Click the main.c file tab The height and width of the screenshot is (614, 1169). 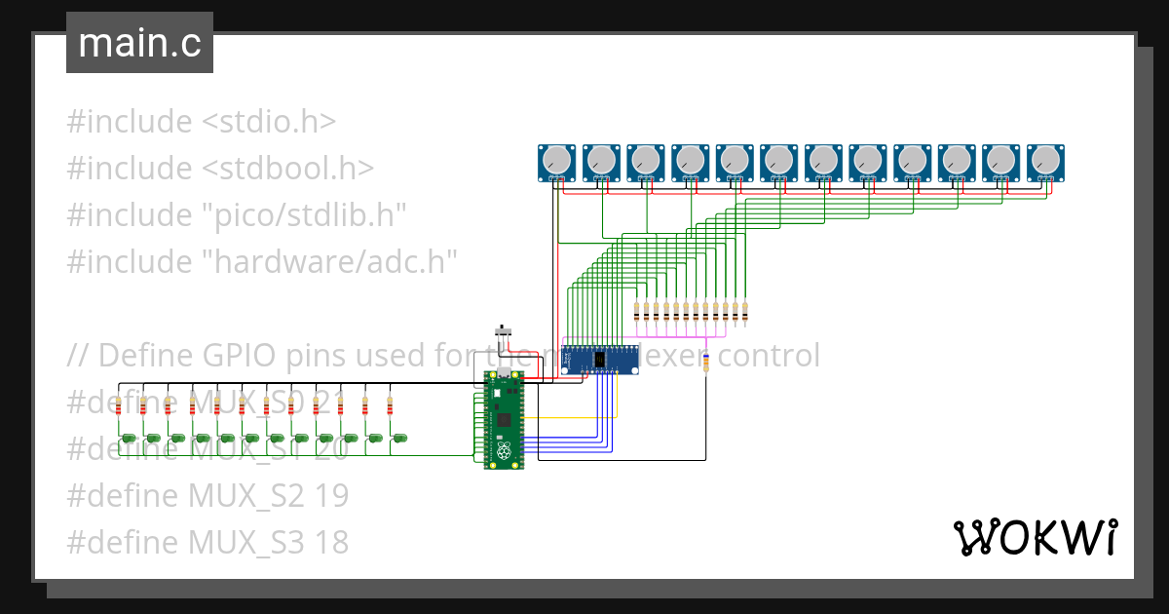[x=139, y=44]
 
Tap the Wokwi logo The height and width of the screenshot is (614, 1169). [x=1034, y=537]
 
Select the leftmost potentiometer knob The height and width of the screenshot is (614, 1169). [x=557, y=159]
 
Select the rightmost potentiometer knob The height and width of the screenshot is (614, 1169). [x=1045, y=159]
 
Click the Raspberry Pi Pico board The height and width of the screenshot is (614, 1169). [x=503, y=421]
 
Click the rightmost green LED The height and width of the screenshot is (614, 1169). [x=399, y=440]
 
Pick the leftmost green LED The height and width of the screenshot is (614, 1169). [x=128, y=440]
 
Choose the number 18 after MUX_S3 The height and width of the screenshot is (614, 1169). [x=332, y=543]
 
